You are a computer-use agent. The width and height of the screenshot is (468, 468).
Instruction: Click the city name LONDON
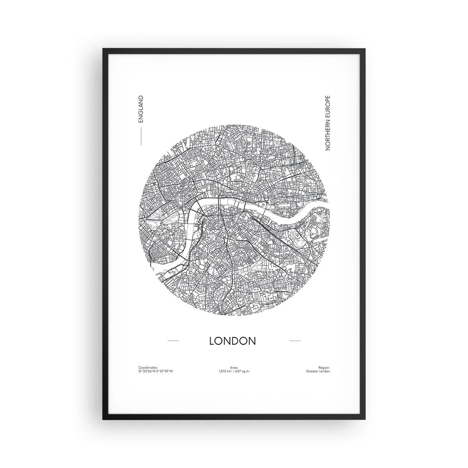pos(232,340)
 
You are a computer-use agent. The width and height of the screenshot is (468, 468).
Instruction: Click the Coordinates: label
pos(148,367)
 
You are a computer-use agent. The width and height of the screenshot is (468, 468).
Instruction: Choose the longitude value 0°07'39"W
pos(164,371)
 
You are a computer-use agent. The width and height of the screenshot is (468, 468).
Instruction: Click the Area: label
pos(234,367)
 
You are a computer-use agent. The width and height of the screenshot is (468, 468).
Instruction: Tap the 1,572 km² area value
pos(226,371)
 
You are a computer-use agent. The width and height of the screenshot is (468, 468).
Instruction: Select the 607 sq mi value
pos(243,371)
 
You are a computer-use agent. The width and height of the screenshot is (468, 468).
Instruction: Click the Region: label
pos(324,367)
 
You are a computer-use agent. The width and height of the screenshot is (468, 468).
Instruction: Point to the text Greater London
pos(318,371)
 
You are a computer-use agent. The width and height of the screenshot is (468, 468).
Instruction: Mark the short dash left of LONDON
pos(173,341)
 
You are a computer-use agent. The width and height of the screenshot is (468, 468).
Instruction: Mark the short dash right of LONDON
pos(295,341)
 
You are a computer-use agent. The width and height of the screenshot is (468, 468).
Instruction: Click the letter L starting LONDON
pos(212,340)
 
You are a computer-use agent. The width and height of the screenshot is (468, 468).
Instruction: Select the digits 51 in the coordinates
pos(140,371)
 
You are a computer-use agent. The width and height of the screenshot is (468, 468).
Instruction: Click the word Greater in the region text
pos(312,371)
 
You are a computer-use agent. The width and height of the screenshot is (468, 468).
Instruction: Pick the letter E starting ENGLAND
pos(141,121)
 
